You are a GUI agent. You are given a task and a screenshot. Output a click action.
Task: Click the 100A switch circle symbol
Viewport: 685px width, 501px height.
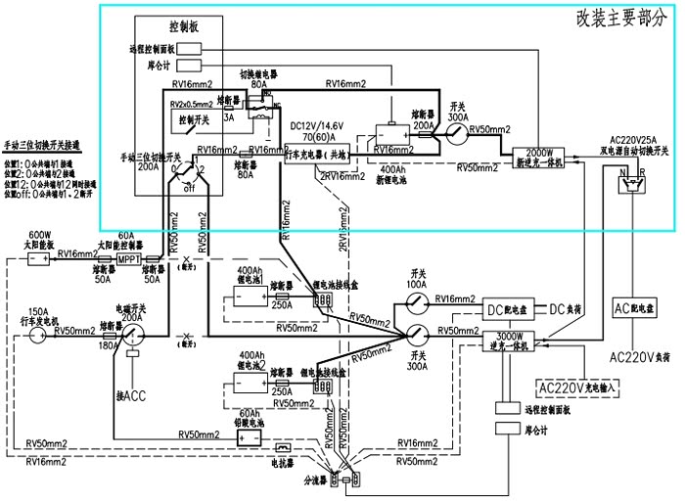pyautogui.click(x=417, y=298)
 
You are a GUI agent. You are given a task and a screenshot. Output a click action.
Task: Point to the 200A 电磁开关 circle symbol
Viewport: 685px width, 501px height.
pyautogui.click(x=131, y=334)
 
